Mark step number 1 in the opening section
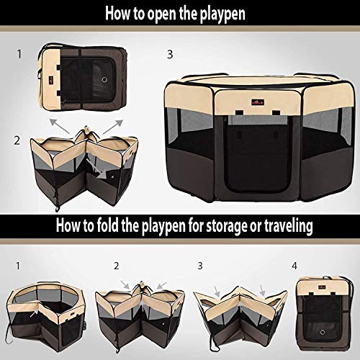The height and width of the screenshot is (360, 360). pos(19,53)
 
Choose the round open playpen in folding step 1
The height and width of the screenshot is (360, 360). pos(45,313)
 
